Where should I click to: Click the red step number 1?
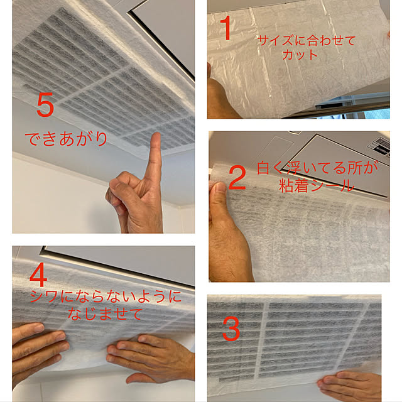[226, 28]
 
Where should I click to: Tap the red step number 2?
[237, 178]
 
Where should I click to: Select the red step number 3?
[231, 329]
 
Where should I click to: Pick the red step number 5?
[45, 105]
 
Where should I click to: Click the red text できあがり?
[66, 139]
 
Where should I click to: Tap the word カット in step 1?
[300, 55]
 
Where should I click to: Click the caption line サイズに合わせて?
[307, 40]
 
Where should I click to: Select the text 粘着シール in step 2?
[317, 185]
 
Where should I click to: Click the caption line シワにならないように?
[106, 296]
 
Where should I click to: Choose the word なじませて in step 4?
[105, 314]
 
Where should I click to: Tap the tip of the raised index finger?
[156, 134]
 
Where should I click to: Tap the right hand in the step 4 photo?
[151, 357]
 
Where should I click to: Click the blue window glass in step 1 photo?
[377, 113]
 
